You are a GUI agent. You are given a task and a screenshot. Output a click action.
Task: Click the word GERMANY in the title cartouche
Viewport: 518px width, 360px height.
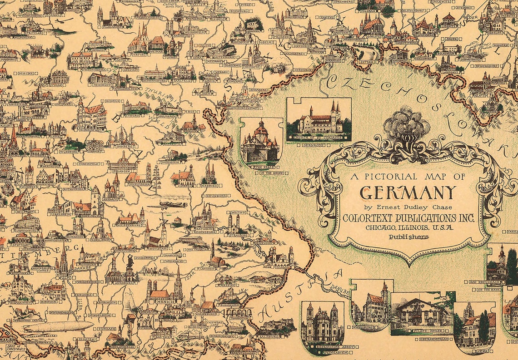(407, 192)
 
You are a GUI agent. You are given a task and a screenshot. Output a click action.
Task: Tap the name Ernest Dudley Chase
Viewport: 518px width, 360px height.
(407, 207)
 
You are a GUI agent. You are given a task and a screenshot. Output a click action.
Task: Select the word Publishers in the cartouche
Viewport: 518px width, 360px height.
(408, 237)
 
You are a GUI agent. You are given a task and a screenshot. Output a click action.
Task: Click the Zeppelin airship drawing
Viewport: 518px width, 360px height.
(58, 326)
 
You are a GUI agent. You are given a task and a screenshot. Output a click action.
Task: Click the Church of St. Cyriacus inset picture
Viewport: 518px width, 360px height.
(318, 120)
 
